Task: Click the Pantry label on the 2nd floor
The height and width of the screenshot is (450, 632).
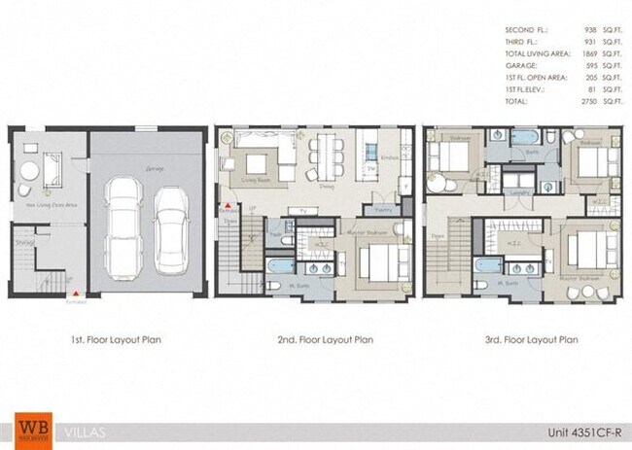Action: [382, 208]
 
